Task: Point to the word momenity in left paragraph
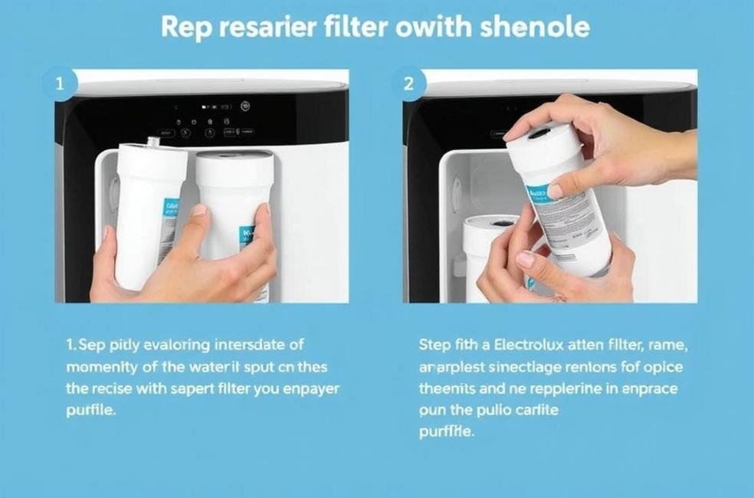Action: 101,367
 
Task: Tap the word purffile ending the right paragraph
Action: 447,431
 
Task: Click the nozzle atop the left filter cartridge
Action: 157,142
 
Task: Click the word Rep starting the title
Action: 185,28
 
